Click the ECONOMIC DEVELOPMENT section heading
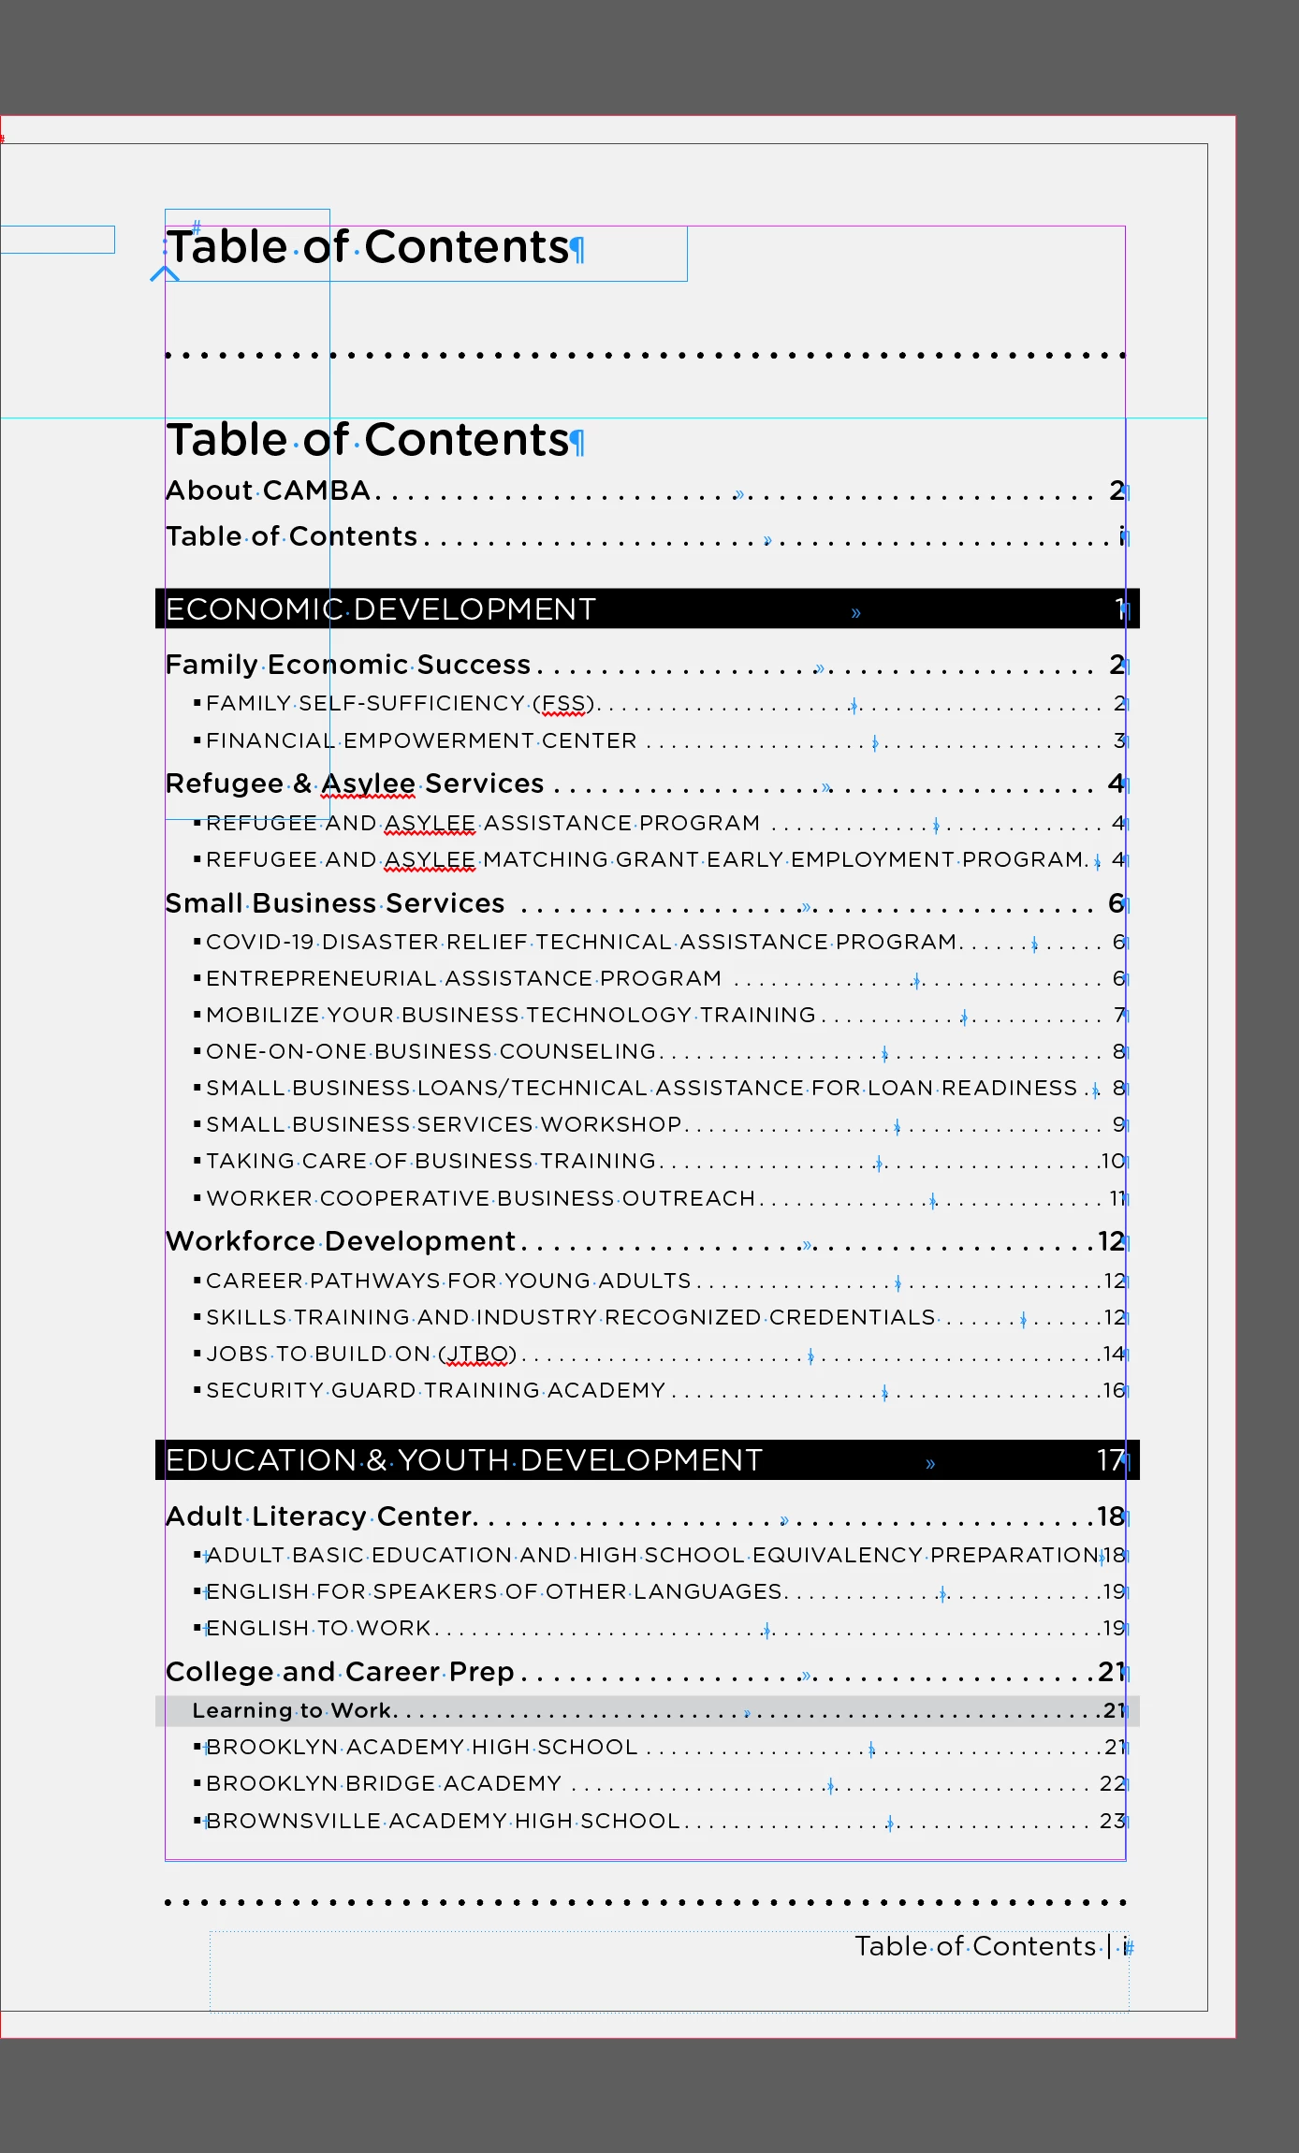pos(380,609)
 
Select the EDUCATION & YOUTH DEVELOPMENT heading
pos(463,1460)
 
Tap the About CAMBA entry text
pos(268,491)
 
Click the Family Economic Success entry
pos(348,665)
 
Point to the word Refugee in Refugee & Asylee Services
pos(225,784)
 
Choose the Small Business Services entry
pos(335,903)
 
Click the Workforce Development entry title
pos(341,1241)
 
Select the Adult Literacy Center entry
pos(321,1516)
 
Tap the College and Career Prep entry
pos(340,1672)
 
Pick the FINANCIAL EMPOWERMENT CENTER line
pos(421,741)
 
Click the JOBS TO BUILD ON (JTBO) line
pos(361,1355)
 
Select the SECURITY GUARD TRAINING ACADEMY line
pos(435,1391)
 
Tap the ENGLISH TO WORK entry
pos(318,1629)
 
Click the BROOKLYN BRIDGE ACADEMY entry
pos(384,1784)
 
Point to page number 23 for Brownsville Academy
pos(1112,1822)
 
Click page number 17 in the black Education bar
pos(1110,1460)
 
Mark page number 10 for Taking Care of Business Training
pos(1112,1162)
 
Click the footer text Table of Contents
pos(974,1947)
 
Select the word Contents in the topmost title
pos(466,248)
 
